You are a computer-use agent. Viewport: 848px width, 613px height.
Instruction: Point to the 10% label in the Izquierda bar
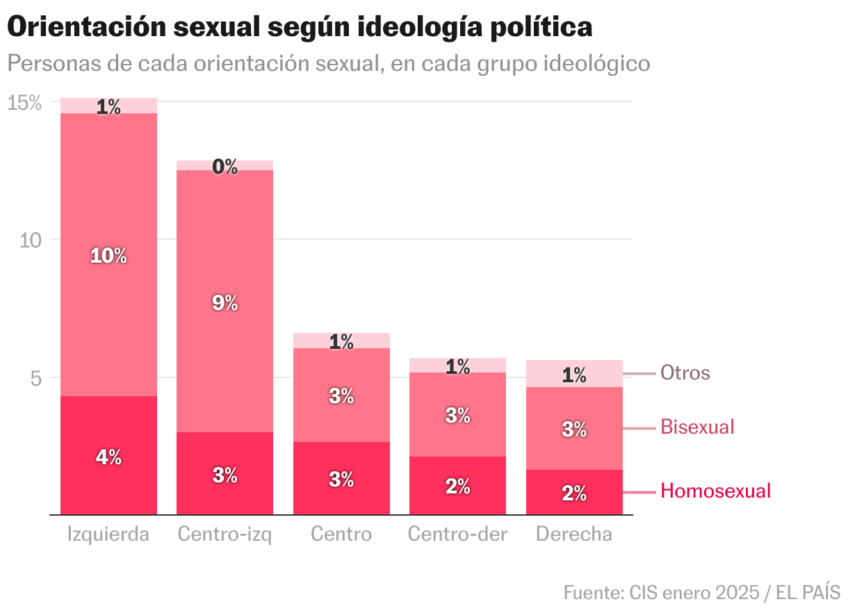(x=109, y=256)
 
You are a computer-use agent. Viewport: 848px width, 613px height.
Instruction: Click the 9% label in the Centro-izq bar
(x=225, y=303)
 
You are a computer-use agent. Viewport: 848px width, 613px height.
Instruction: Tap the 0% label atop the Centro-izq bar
(x=225, y=167)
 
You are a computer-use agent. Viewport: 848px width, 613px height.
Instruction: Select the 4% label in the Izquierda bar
(x=109, y=457)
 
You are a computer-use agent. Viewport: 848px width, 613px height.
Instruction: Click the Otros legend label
(x=685, y=373)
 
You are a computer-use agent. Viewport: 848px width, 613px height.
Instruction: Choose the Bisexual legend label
(x=697, y=427)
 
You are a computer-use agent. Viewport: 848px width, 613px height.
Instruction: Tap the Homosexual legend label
(x=715, y=491)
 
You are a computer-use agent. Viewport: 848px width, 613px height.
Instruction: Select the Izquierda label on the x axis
(x=108, y=534)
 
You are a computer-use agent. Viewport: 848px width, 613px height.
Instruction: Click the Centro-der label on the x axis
(x=457, y=534)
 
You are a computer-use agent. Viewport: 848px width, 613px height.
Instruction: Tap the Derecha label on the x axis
(x=574, y=534)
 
